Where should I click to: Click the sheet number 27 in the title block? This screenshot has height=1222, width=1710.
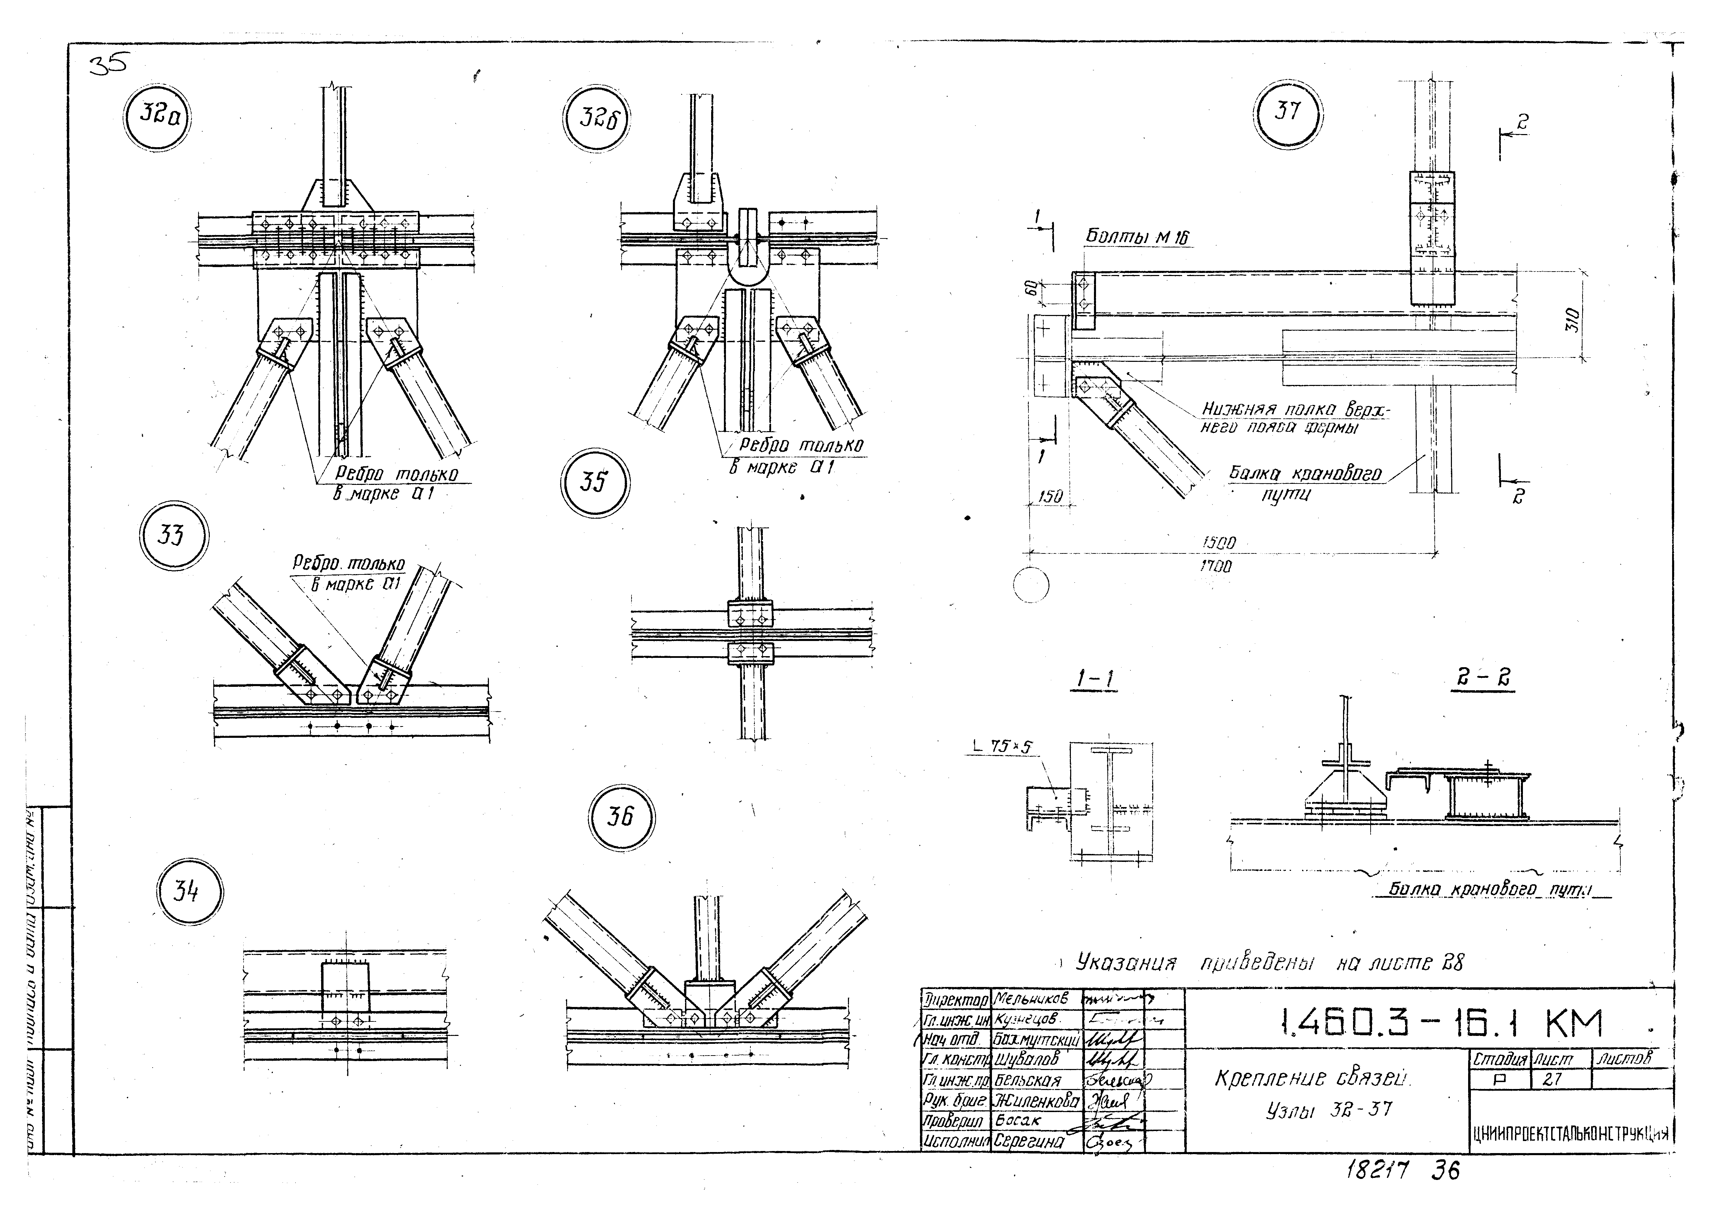click(1552, 1079)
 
